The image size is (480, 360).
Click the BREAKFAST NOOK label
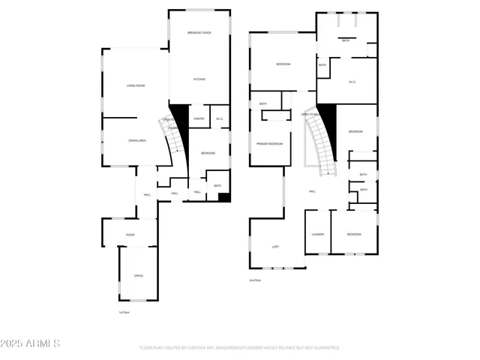pyautogui.click(x=199, y=34)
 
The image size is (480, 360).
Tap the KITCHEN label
pyautogui.click(x=199, y=79)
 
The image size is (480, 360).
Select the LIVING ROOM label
pyautogui.click(x=135, y=85)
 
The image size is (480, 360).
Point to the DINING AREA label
pyautogui.click(x=136, y=141)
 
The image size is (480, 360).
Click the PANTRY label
pyautogui.click(x=199, y=118)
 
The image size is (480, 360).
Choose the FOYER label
pyautogui.click(x=130, y=235)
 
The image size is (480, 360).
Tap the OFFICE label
pyautogui.click(x=138, y=276)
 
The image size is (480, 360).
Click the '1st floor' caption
pyautogui.click(x=124, y=312)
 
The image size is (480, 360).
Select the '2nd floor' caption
pyautogui.click(x=255, y=280)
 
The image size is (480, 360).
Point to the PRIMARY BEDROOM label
pyautogui.click(x=269, y=143)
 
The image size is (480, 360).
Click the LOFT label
pyautogui.click(x=275, y=247)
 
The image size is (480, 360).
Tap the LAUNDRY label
pyautogui.click(x=317, y=235)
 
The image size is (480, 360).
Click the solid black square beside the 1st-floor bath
pyautogui.click(x=223, y=198)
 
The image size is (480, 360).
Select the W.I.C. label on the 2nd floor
pyautogui.click(x=352, y=82)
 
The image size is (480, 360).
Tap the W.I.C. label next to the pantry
pyautogui.click(x=220, y=118)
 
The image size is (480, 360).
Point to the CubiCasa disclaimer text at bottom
pyautogui.click(x=239, y=348)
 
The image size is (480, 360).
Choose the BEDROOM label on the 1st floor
pyautogui.click(x=208, y=153)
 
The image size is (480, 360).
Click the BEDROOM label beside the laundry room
pyautogui.click(x=353, y=235)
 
